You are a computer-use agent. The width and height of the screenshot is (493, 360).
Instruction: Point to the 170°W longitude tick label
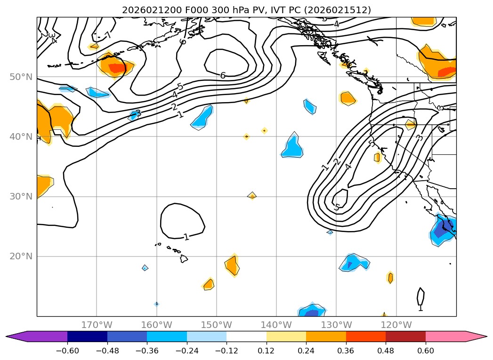tap(97, 325)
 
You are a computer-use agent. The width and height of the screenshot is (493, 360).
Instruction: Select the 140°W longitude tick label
tap(276, 325)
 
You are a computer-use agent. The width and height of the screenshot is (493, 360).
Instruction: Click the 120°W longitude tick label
tap(396, 325)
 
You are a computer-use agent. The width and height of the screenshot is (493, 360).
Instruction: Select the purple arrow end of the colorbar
tap(14, 336)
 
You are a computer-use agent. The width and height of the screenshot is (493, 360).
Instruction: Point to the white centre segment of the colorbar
tap(246, 336)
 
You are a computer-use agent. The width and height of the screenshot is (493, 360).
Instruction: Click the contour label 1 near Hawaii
tap(186, 237)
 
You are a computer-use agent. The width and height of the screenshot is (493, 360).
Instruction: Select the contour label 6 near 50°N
tap(223, 75)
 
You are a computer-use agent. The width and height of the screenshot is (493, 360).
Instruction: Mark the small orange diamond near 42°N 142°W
tap(265, 130)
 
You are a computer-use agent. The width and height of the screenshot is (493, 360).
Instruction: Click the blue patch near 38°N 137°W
tap(292, 147)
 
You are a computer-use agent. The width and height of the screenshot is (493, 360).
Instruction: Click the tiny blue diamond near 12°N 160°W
tap(156, 304)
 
